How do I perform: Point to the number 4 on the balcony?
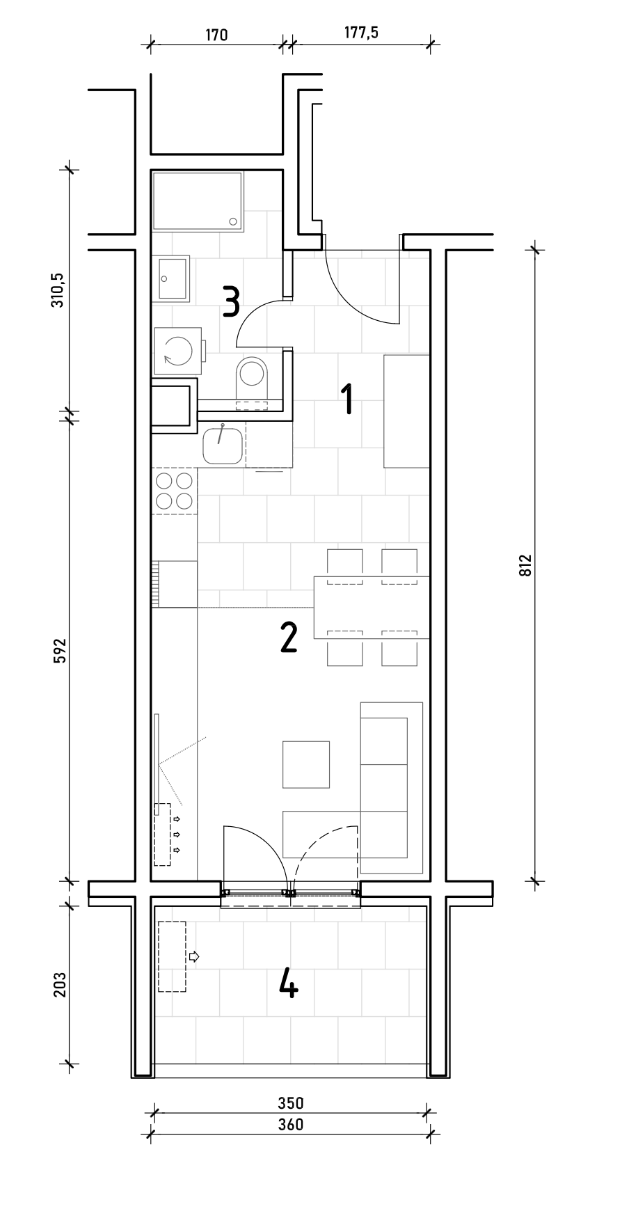289,984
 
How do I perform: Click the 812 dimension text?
525,564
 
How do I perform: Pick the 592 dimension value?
60,650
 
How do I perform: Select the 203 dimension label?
60,984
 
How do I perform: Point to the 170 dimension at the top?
216,35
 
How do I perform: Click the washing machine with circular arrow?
177,351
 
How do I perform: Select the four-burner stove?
175,491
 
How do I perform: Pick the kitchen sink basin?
223,445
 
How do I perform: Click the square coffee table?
306,764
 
